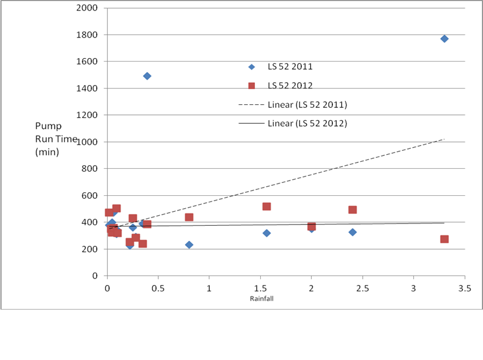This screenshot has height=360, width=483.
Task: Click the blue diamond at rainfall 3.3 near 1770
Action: point(444,39)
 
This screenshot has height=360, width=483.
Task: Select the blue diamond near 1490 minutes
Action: point(147,76)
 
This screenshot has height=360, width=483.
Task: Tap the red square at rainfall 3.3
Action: point(444,239)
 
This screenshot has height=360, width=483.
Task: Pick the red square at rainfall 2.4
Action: point(352,210)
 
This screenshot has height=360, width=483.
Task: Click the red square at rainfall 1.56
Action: point(267,206)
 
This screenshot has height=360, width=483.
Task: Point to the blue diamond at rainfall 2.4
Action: point(352,232)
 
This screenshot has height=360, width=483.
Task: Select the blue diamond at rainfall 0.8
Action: point(189,244)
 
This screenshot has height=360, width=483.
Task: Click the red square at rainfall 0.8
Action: point(189,218)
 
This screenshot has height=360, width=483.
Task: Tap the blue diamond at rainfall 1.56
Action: point(267,233)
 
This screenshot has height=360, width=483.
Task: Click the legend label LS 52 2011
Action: point(290,67)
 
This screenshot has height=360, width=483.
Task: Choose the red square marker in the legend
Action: point(251,86)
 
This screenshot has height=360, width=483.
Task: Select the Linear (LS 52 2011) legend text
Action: point(307,105)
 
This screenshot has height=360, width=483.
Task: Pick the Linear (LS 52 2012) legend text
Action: point(307,124)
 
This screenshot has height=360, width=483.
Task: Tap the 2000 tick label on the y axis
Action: point(86,8)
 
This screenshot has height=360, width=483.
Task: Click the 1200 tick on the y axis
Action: point(86,115)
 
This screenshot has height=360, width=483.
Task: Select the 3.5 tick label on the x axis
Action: point(464,288)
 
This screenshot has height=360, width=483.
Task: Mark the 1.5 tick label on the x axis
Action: point(260,288)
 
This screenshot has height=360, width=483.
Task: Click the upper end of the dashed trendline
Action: point(444,139)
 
